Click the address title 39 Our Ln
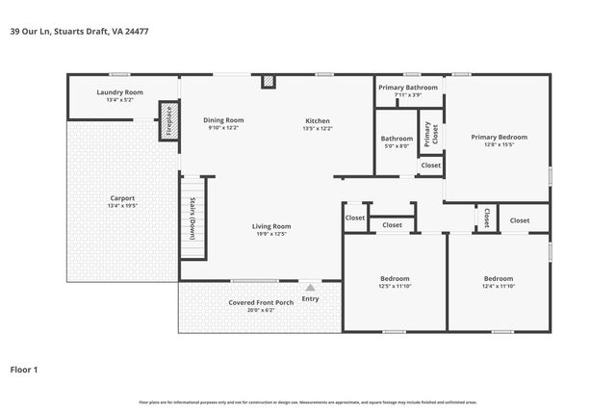click(79, 31)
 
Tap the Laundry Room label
click(120, 92)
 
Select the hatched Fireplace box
click(169, 119)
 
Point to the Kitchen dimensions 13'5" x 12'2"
click(318, 128)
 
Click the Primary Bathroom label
click(407, 88)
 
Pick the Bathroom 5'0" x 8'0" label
click(397, 139)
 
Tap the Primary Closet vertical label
click(428, 133)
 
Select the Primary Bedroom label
click(499, 137)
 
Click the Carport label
click(122, 198)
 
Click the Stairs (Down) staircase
click(193, 218)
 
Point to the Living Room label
click(271, 226)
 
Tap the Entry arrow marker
click(310, 286)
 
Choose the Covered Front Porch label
click(260, 302)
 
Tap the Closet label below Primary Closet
click(430, 166)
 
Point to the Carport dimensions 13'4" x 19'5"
click(122, 206)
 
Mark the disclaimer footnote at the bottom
click(307, 400)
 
